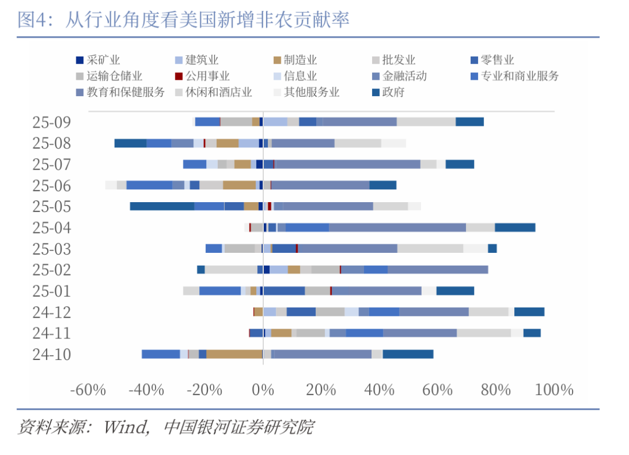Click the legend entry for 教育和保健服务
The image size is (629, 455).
pyautogui.click(x=121, y=92)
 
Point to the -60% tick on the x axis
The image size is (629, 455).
pyautogui.click(x=88, y=390)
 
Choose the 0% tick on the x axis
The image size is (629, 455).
pyautogui.click(x=263, y=390)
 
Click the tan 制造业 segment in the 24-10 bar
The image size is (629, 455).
pyautogui.click(x=234, y=354)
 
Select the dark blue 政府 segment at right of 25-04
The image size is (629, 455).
pyautogui.click(x=515, y=228)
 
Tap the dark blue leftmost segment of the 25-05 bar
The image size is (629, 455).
pyautogui.click(x=162, y=206)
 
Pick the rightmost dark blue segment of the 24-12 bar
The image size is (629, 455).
pyautogui.click(x=529, y=312)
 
